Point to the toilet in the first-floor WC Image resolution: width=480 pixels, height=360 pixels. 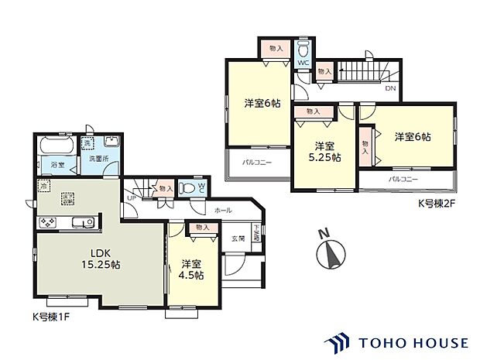[186, 187]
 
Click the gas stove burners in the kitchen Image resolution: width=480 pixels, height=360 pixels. [47, 224]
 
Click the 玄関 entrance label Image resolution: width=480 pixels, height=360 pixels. [238, 239]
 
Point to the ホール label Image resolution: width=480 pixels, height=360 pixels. [223, 210]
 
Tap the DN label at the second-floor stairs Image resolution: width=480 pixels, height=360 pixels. [391, 89]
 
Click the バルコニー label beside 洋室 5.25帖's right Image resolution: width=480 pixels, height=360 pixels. [403, 179]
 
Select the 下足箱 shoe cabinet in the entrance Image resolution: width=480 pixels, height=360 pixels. [257, 231]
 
